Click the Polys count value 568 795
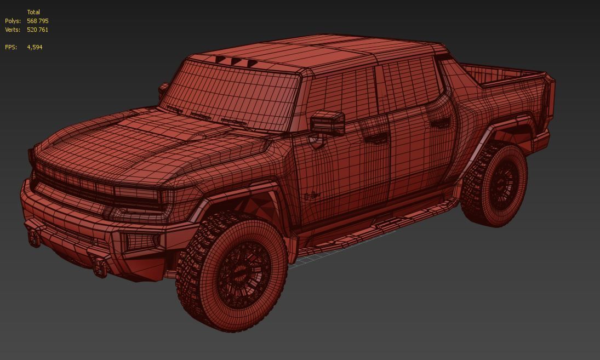pyautogui.click(x=37, y=21)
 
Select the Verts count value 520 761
pyautogui.click(x=37, y=30)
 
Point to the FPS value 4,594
pyautogui.click(x=35, y=47)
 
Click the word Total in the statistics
pyautogui.click(x=33, y=12)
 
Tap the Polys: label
pyautogui.click(x=13, y=21)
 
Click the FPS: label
pyautogui.click(x=11, y=47)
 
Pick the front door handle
pyautogui.click(x=375, y=138)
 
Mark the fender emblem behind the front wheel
pyautogui.click(x=312, y=194)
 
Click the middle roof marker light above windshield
pyautogui.click(x=236, y=62)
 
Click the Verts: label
pyautogui.click(x=13, y=30)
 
